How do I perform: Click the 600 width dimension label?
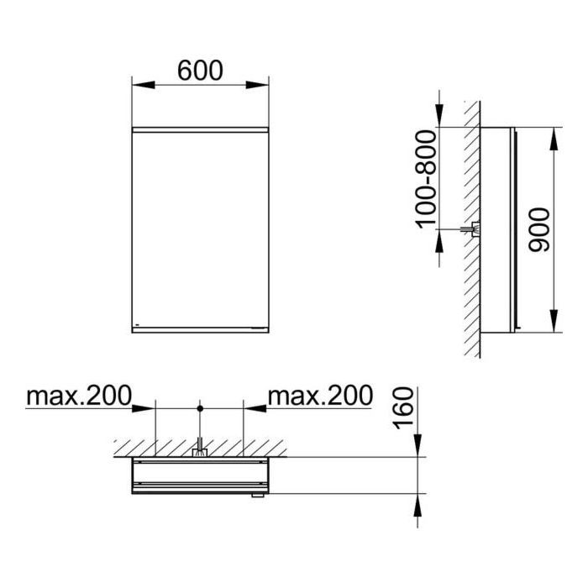click(x=200, y=71)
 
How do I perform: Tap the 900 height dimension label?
click(x=538, y=230)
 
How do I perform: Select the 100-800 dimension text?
click(x=427, y=178)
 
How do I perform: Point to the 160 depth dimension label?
click(x=403, y=408)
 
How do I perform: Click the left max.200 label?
click(x=79, y=396)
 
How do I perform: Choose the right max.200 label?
click(x=320, y=396)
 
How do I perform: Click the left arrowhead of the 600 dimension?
click(x=144, y=85)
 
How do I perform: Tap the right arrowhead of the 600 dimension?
click(x=257, y=85)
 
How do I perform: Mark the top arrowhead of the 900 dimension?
click(x=554, y=139)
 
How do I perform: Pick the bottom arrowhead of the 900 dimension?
click(x=554, y=321)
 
